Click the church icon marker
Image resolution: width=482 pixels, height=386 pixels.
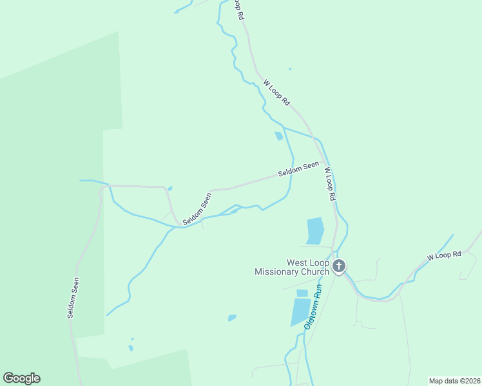pos(339,265)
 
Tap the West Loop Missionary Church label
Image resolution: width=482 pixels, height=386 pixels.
pos(292,267)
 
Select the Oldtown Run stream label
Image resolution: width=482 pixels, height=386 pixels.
pos(313,311)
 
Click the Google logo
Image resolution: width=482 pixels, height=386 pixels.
pos(21,378)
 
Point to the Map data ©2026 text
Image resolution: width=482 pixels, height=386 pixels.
pos(454,380)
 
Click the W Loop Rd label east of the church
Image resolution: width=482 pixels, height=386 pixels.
pos(445,255)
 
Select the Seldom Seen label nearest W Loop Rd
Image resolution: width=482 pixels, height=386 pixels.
pos(298,169)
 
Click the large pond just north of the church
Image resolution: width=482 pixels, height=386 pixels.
pos(315,230)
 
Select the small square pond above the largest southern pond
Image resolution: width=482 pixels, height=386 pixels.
pos(302,293)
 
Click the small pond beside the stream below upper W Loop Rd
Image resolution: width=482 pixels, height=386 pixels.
pos(278,136)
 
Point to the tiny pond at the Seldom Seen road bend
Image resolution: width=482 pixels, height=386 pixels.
pos(169,188)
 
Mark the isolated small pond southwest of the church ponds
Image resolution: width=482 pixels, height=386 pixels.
pos(232,318)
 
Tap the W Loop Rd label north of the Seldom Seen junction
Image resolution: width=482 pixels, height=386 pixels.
pos(276,93)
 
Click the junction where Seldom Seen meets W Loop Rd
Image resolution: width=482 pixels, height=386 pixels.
pos(323,160)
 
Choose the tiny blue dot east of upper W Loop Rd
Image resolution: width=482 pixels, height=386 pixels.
pos(290,69)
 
